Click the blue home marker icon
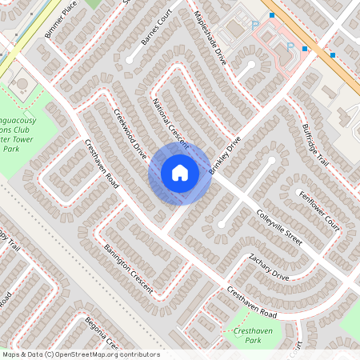pos(180,173)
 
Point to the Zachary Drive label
pos(268,267)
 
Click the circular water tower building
pos(22,83)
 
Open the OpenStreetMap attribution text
pos(80,354)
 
